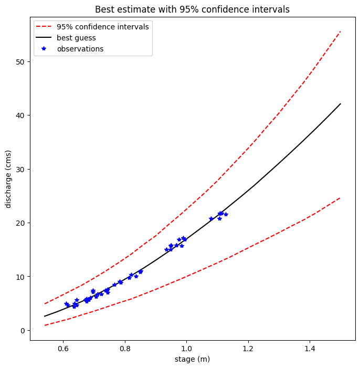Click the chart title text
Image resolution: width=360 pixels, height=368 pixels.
click(x=192, y=9)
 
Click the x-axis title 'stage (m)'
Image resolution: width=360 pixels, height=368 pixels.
click(x=192, y=359)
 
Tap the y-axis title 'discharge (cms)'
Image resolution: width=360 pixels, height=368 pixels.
click(x=8, y=178)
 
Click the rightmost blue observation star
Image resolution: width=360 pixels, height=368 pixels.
click(x=226, y=214)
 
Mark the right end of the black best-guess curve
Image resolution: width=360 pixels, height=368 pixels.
click(x=341, y=103)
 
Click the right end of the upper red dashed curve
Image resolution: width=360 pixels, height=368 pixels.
click(x=341, y=31)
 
